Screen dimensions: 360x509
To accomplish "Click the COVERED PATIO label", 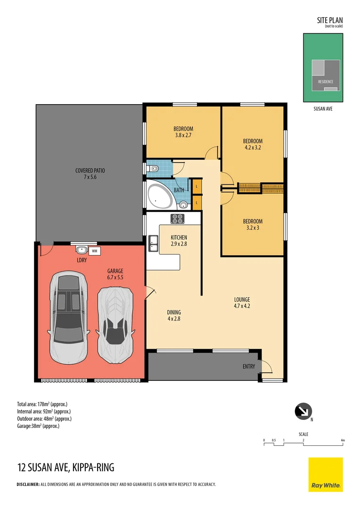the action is tap(90, 171).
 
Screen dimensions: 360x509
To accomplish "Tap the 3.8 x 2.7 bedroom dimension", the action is tap(183, 135).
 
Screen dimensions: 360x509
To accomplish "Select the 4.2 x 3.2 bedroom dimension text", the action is tap(253, 148).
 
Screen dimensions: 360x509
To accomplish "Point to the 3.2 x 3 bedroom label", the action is tap(253, 224).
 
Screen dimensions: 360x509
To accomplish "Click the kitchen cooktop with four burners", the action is tap(178, 219).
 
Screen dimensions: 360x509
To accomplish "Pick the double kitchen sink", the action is tap(153, 244).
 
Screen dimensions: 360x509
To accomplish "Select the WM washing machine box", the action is tap(94, 251).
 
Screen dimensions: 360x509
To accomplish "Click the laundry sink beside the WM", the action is tap(82, 250).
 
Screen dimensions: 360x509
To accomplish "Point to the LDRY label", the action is tap(82, 260).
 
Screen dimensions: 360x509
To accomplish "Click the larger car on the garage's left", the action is tap(68, 317).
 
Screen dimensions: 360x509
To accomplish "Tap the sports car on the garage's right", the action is tap(115, 325).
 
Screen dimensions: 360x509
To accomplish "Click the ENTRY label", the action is tap(249, 367).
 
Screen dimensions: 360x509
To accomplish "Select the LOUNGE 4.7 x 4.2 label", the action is tap(242, 303).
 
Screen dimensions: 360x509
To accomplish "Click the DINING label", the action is tap(174, 312).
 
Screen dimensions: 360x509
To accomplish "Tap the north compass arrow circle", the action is tap(303, 411).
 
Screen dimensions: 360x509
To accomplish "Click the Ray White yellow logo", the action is tap(326, 475).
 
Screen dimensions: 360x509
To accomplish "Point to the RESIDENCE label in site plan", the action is tap(326, 82).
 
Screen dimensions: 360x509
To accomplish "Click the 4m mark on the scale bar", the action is tap(343, 441).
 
